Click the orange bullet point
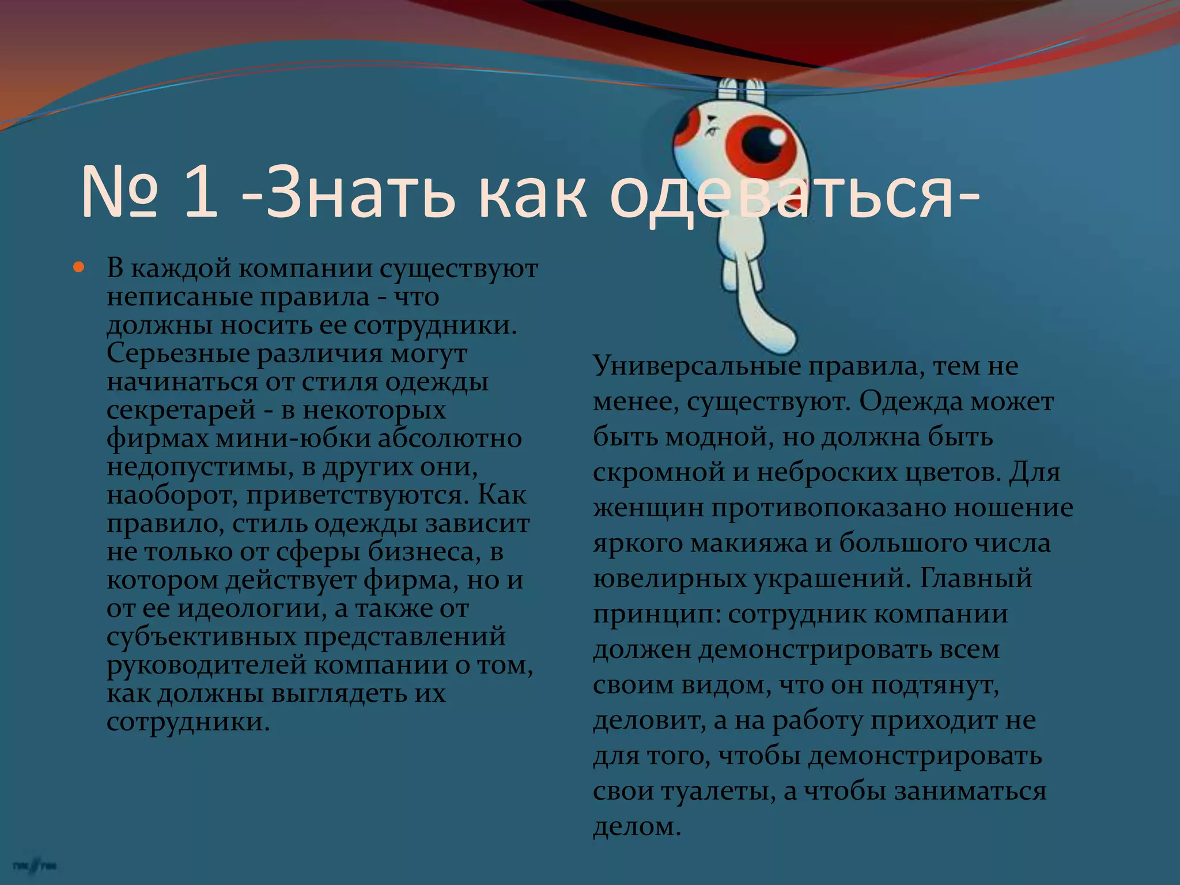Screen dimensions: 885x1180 [79, 268]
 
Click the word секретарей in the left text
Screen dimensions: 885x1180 [181, 410]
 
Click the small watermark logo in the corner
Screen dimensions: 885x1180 [35, 866]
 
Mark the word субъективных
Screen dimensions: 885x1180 [201, 637]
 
